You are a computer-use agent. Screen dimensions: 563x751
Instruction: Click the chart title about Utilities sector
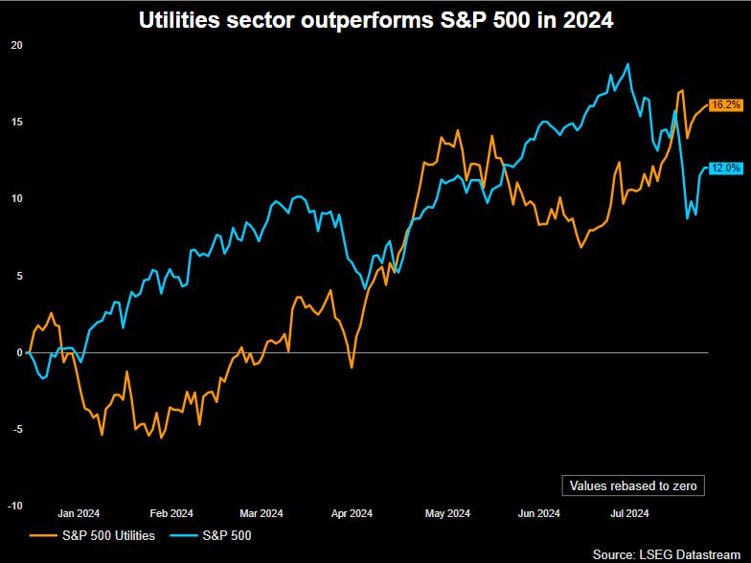[375, 19]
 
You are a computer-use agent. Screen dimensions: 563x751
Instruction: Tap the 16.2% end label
[725, 104]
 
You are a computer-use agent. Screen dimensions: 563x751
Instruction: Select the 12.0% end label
[725, 169]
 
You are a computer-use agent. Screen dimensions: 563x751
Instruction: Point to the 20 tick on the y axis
[16, 45]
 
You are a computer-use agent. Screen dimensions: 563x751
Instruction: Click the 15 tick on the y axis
[16, 122]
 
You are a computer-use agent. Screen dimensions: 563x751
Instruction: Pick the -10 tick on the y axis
[15, 506]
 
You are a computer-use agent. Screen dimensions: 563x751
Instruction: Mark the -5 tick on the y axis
[16, 429]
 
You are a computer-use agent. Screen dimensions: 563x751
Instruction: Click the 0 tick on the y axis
[18, 352]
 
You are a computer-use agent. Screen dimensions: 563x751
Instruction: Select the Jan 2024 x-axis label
[79, 513]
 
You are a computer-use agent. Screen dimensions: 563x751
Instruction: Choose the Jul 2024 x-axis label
[630, 513]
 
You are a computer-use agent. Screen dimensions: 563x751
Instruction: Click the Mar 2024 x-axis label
[261, 513]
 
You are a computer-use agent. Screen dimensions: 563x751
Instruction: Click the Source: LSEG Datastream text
[671, 554]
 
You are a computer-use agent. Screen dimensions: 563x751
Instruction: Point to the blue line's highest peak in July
[627, 64]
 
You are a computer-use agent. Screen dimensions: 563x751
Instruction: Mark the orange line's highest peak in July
[681, 91]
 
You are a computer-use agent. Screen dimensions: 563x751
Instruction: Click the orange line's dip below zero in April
[352, 367]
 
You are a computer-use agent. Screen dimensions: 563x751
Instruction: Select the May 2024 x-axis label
[446, 513]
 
